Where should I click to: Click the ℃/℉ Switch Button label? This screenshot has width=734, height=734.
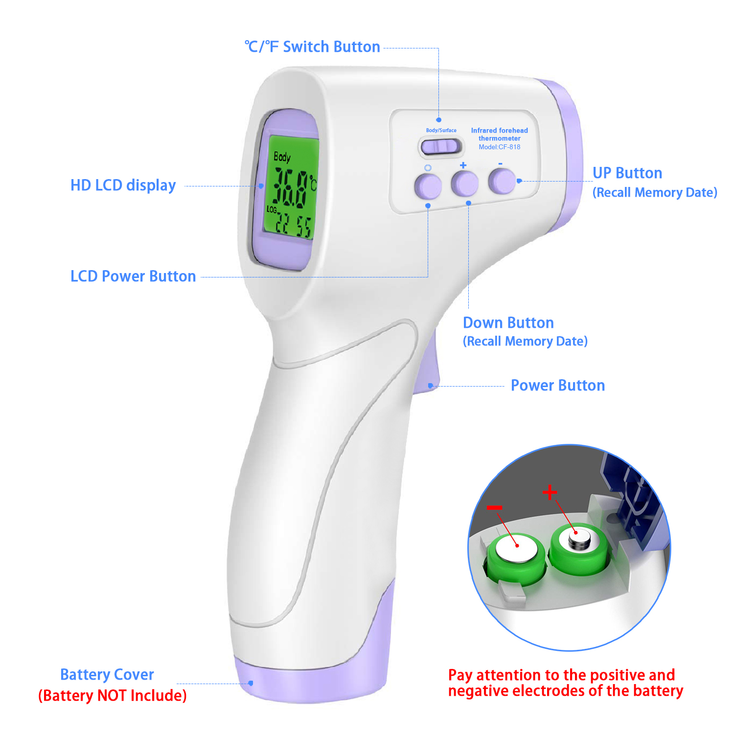click(312, 47)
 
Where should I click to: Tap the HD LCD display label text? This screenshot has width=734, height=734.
click(123, 185)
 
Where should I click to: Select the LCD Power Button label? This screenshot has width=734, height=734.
click(133, 276)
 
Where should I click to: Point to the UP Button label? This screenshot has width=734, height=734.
click(627, 173)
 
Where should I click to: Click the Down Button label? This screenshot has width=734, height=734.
click(508, 323)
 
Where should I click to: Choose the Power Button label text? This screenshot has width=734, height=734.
click(558, 386)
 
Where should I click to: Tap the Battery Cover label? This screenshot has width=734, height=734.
click(107, 675)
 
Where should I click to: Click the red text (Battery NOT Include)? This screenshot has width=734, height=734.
click(113, 695)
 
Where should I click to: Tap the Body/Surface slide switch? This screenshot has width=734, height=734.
click(441, 146)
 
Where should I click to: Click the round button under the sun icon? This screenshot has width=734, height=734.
click(428, 186)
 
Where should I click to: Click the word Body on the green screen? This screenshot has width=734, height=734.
click(282, 157)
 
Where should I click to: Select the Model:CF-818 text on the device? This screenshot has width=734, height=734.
click(500, 147)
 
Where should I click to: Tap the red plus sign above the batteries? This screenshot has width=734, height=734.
click(550, 492)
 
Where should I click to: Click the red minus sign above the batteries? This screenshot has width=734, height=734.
click(495, 508)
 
